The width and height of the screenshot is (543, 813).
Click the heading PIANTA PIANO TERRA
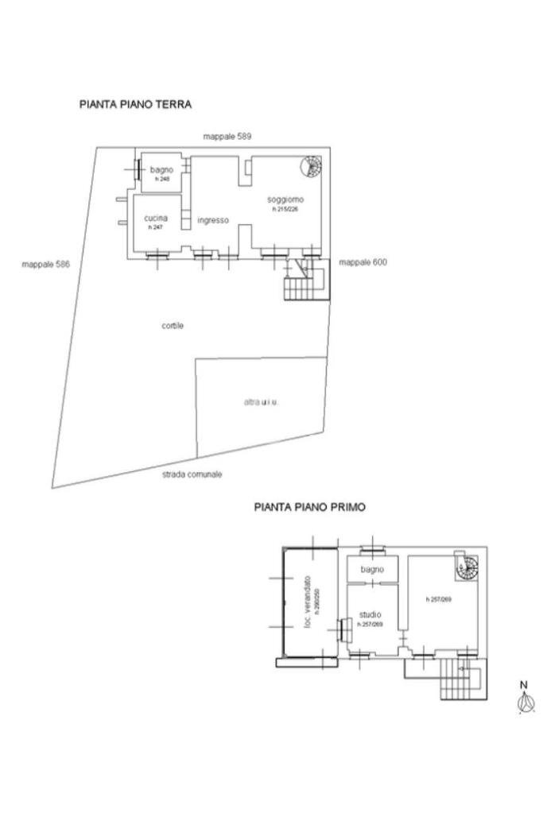click(135, 104)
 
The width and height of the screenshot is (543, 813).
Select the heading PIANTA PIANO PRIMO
click(309, 506)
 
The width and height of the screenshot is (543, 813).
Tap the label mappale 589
click(227, 137)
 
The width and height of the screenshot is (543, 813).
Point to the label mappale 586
click(46, 264)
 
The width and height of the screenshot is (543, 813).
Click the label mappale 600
click(363, 262)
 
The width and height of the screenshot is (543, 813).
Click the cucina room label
click(156, 218)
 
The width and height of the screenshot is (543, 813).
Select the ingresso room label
click(213, 220)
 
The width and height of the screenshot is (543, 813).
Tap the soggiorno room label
click(285, 199)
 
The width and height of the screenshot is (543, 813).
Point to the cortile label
click(173, 325)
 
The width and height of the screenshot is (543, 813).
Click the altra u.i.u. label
click(262, 402)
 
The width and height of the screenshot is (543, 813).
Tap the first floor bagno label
click(371, 570)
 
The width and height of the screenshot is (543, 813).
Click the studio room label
click(370, 614)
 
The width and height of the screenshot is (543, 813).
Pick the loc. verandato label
click(308, 603)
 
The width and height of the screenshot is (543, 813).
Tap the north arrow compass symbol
click(524, 700)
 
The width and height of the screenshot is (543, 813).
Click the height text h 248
click(163, 180)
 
